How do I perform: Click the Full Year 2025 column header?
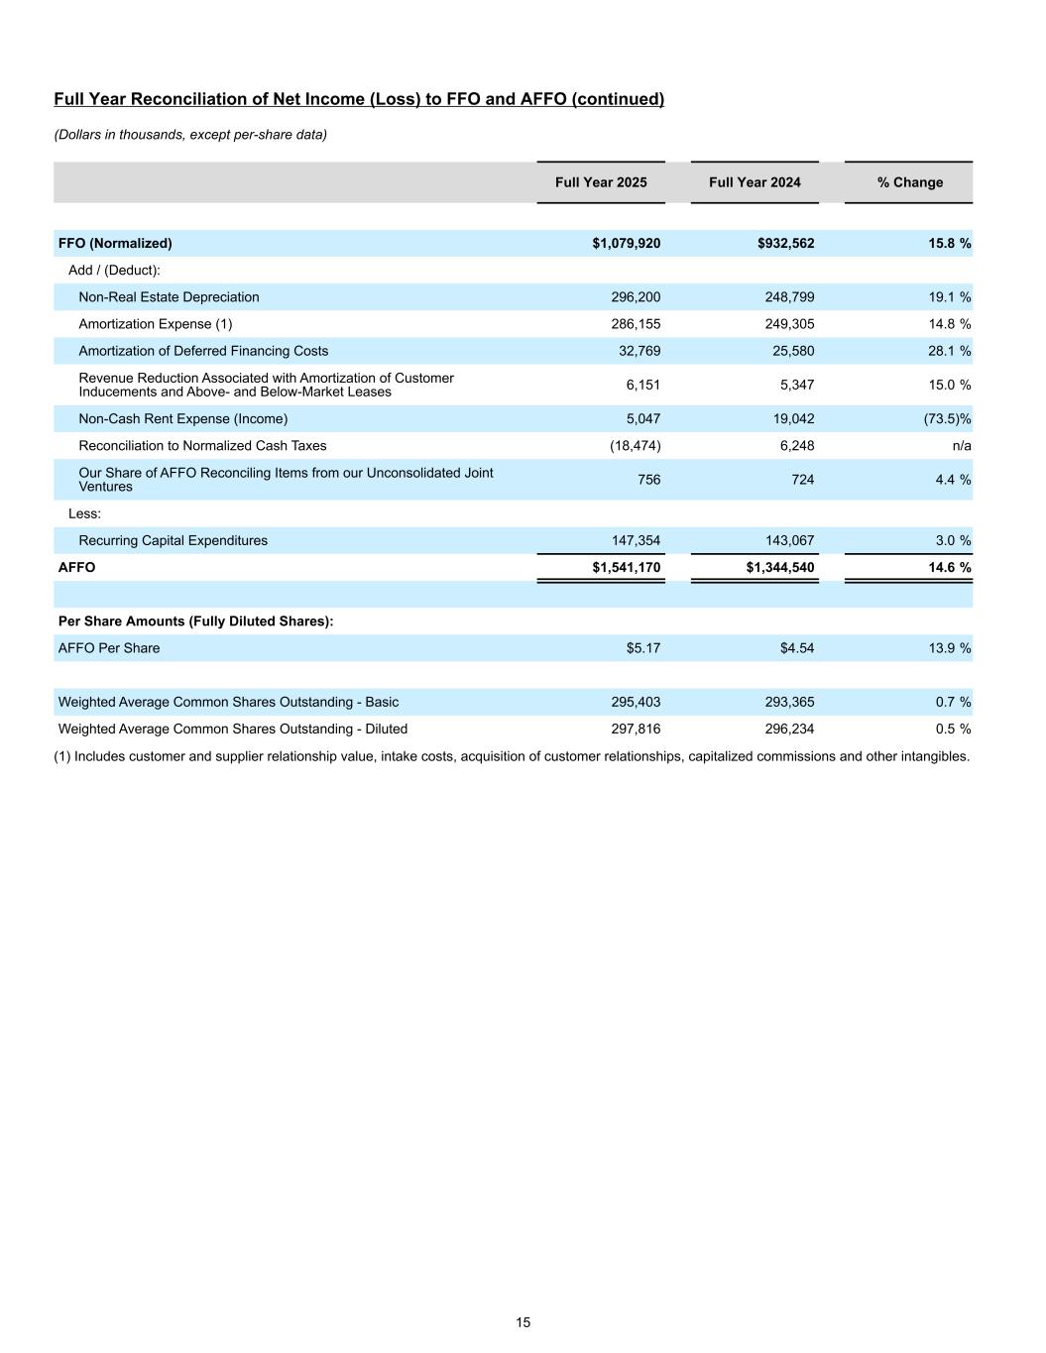point(601,182)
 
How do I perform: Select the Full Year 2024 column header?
point(755,182)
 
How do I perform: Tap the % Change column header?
point(909,182)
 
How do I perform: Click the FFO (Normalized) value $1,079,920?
point(626,244)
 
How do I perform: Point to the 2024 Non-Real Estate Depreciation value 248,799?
point(789,297)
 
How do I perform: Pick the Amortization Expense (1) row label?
point(155,324)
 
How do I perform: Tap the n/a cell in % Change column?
point(961,446)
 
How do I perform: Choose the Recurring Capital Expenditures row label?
point(173,541)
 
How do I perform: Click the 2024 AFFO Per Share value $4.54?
point(797,648)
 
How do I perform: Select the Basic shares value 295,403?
point(636,702)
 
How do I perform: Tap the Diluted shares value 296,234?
point(789,729)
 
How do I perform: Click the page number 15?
point(523,1322)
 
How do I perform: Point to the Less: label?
point(84,513)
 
